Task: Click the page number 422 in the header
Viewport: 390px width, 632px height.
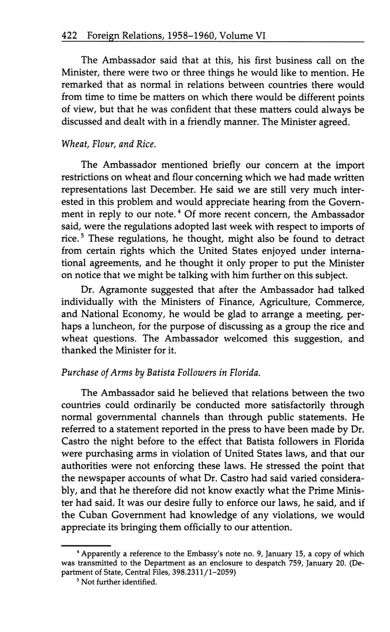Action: tap(69, 36)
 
